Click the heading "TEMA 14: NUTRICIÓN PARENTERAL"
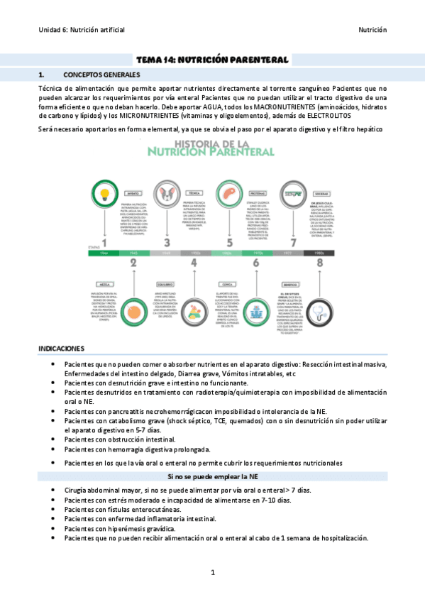pos(212,60)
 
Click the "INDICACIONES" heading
pos(61,349)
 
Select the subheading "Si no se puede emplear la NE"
pos(212,476)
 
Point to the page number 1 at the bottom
pos(212,572)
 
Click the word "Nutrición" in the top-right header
pos(372,31)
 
